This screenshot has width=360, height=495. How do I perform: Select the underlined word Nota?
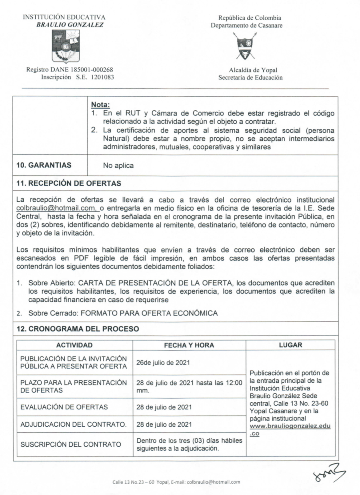coord(100,105)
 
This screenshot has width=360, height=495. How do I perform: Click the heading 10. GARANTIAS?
coord(44,165)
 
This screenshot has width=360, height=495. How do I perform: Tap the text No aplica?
coord(118,166)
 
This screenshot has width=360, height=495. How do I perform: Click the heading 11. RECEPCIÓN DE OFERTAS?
coord(69,183)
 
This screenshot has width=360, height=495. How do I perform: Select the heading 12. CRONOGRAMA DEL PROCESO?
coord(78,329)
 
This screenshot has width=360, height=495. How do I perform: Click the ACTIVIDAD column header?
coord(74,345)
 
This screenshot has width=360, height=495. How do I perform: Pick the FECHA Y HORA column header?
coord(189,345)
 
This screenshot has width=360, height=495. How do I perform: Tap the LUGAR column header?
coord(290,345)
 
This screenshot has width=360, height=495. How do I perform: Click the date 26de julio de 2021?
coord(163,363)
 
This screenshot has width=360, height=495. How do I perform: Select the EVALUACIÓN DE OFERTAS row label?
coord(64,407)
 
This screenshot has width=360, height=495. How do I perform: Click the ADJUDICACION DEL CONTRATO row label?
coord(73,425)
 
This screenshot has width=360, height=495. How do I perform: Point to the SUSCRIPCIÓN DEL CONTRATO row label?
coord(71,445)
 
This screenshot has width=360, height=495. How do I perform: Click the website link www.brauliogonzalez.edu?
coord(290,426)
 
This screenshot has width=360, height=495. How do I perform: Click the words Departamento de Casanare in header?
coord(246,26)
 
